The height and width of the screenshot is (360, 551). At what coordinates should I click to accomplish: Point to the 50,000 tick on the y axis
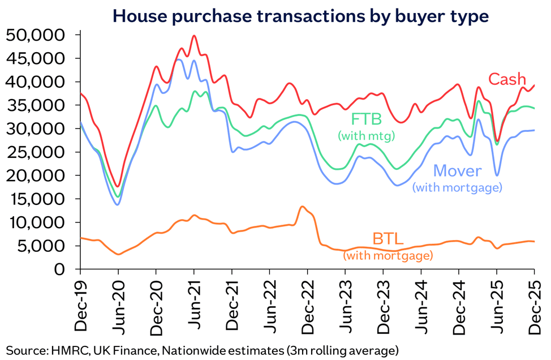37,35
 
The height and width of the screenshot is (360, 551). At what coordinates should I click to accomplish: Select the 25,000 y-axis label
37,152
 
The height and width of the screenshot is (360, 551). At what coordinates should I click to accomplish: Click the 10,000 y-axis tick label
37,222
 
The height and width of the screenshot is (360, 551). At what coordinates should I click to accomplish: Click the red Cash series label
507,80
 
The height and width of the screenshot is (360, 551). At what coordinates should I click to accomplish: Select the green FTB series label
367,120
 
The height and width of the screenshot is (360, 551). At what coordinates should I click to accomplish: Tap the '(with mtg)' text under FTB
366,136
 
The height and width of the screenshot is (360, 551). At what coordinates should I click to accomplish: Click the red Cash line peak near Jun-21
194,36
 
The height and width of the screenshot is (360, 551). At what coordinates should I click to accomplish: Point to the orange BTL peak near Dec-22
303,207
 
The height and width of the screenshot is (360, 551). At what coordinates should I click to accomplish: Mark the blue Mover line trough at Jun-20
118,204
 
